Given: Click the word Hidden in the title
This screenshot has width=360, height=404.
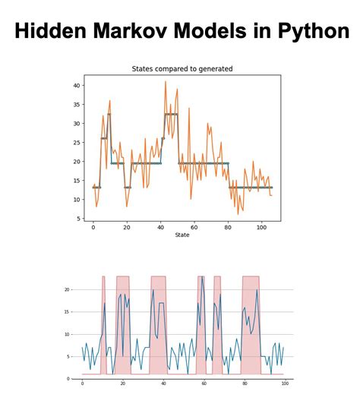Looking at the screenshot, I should click(x=51, y=31).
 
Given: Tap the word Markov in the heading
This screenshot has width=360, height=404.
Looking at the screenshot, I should click(x=131, y=31).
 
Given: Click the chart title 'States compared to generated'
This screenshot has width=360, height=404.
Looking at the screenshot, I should click(x=182, y=69).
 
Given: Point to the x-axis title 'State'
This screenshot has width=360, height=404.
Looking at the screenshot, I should click(x=182, y=235).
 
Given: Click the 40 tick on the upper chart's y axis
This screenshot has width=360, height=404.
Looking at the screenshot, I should click(x=77, y=85).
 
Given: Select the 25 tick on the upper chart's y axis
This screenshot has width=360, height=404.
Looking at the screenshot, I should click(x=77, y=142).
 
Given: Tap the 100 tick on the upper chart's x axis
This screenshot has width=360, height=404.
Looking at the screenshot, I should click(x=262, y=227).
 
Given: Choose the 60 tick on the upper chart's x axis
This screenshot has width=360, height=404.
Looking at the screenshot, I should click(x=194, y=227).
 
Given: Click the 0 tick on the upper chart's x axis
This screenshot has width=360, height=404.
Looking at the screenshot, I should click(x=93, y=227).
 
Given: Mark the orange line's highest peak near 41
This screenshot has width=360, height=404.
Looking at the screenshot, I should click(x=166, y=82).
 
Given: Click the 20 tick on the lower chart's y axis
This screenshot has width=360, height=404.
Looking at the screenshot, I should click(x=68, y=289).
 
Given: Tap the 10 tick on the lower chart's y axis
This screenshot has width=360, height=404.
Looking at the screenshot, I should click(x=68, y=334).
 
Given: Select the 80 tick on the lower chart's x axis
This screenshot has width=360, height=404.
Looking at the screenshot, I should click(x=244, y=383).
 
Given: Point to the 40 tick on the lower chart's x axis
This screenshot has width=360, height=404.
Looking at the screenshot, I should click(x=163, y=383).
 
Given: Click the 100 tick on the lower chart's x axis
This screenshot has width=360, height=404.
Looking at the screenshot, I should click(x=284, y=383).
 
